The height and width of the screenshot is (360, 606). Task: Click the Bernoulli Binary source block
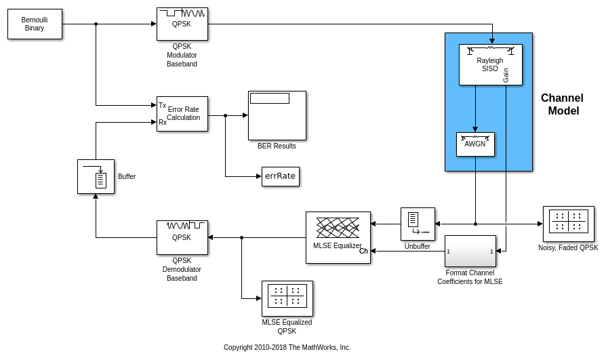pyautogui.click(x=35, y=24)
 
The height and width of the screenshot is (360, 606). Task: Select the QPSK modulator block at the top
pyautogui.click(x=182, y=24)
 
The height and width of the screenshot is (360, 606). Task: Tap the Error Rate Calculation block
pyautogui.click(x=182, y=113)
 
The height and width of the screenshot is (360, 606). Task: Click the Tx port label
pyautogui.click(x=162, y=105)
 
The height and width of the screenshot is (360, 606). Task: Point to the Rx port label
pyautogui.click(x=163, y=123)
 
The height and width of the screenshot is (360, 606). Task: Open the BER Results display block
pyautogui.click(x=277, y=115)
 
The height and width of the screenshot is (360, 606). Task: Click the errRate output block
pyautogui.click(x=280, y=176)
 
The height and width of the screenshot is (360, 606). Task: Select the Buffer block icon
pyautogui.click(x=96, y=176)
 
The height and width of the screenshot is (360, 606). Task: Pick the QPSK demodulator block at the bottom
pyautogui.click(x=182, y=237)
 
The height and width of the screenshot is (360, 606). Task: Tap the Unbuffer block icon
pyautogui.click(x=418, y=224)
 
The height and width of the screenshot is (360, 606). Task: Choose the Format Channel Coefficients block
pyautogui.click(x=470, y=252)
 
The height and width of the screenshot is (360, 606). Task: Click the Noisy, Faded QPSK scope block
pyautogui.click(x=568, y=224)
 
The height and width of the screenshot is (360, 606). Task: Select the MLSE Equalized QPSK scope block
pyautogui.click(x=287, y=298)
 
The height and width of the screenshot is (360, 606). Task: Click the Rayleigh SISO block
pyautogui.click(x=490, y=64)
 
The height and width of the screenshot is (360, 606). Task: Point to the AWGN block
pyautogui.click(x=475, y=144)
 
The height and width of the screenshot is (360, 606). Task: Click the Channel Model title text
pyautogui.click(x=563, y=104)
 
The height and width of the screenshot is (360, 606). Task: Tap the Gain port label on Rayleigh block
pyautogui.click(x=506, y=75)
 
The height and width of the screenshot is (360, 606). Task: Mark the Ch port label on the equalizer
pyautogui.click(x=363, y=252)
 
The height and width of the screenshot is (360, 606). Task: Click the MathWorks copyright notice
pyautogui.click(x=287, y=348)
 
